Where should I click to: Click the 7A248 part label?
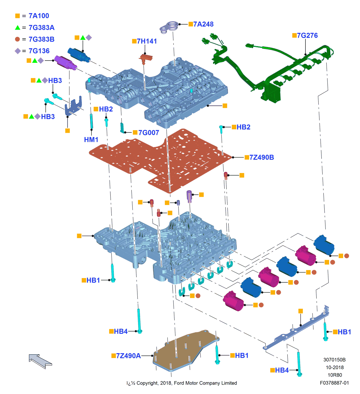(203, 24)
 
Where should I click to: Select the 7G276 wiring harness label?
(307, 35)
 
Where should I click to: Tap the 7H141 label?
(147, 41)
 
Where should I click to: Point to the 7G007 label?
(149, 132)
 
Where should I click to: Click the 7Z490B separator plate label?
(261, 157)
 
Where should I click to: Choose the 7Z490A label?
(128, 356)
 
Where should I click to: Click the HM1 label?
(91, 140)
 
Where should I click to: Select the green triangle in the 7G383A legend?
(18, 28)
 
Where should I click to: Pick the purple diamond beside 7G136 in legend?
(18, 51)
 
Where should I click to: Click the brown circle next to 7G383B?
(18, 39)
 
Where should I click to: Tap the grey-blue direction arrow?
(40, 361)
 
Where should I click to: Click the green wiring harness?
(274, 74)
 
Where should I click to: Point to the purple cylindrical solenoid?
(65, 63)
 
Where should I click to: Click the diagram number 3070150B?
(334, 360)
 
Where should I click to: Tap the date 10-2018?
(335, 367)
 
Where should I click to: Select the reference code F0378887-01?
(334, 383)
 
